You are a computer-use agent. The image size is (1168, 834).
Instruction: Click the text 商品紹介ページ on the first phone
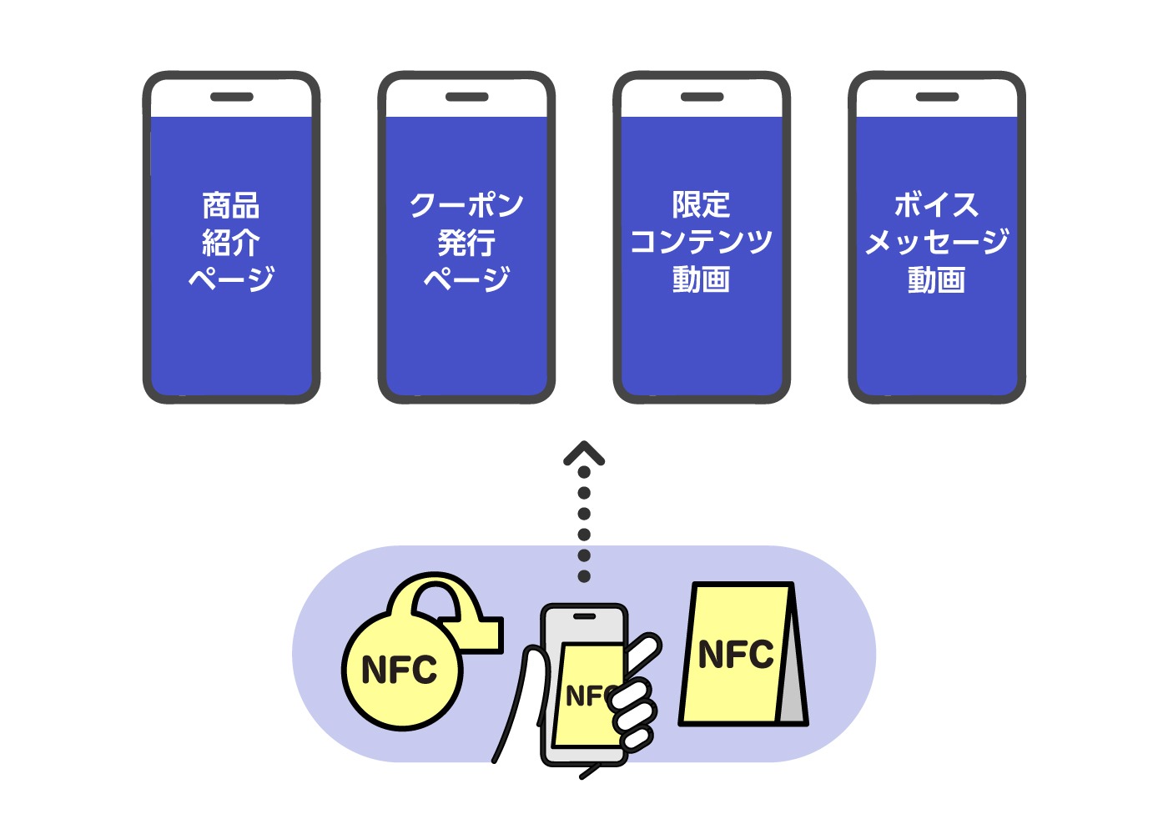click(x=231, y=242)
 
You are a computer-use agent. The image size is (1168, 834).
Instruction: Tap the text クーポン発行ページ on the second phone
click(x=466, y=242)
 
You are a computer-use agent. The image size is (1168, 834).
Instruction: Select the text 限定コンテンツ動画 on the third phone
click(x=701, y=242)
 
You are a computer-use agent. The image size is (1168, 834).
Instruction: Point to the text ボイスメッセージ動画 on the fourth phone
click(x=936, y=242)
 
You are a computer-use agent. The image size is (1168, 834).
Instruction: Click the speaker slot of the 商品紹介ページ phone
click(x=231, y=97)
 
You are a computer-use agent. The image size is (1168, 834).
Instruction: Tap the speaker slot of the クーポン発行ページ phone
click(x=466, y=97)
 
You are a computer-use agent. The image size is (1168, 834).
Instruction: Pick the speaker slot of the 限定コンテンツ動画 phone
click(x=702, y=97)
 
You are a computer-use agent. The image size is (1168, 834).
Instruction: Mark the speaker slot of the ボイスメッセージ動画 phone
click(x=937, y=97)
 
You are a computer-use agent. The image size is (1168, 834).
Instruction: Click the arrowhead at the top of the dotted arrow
click(x=584, y=453)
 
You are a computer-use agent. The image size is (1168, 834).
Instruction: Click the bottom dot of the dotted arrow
click(x=584, y=576)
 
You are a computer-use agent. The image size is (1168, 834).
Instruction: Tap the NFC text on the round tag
click(x=400, y=670)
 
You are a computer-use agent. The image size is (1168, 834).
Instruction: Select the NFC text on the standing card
click(x=736, y=655)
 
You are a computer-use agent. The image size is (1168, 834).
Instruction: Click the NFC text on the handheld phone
click(x=589, y=696)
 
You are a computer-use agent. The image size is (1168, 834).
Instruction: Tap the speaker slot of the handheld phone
click(x=584, y=616)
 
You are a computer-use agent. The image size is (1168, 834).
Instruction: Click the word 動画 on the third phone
click(x=701, y=279)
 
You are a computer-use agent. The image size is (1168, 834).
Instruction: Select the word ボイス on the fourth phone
click(x=936, y=204)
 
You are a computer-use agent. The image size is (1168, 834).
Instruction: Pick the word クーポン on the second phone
click(x=466, y=204)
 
